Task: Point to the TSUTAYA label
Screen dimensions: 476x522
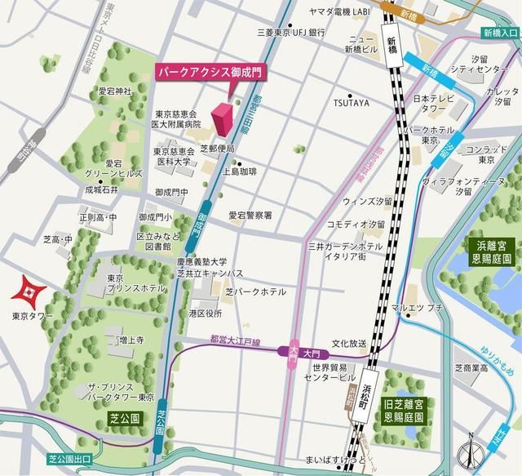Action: point(351,103)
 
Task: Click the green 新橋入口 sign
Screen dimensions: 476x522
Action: point(499,33)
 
